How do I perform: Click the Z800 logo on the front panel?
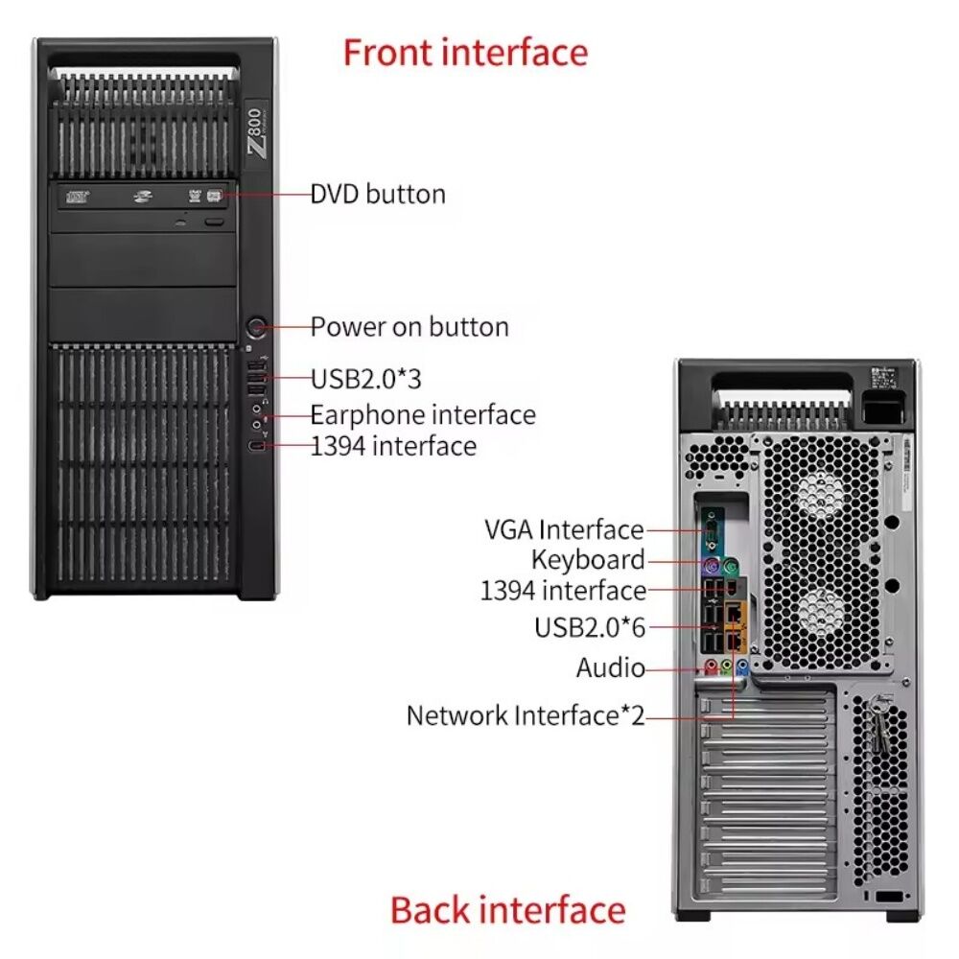257,132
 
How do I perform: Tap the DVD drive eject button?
215,221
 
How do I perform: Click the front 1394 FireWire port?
257,446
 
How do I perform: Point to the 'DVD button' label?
378,194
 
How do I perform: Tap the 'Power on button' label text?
409,327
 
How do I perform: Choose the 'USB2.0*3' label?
366,379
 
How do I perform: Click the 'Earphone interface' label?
423,414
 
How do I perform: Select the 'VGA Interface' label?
564,529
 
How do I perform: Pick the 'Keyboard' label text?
588,560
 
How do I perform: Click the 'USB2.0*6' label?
590,627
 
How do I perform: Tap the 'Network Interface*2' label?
526,715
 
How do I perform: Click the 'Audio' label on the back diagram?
610,667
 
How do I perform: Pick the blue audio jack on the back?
742,666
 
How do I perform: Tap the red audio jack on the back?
711,666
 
